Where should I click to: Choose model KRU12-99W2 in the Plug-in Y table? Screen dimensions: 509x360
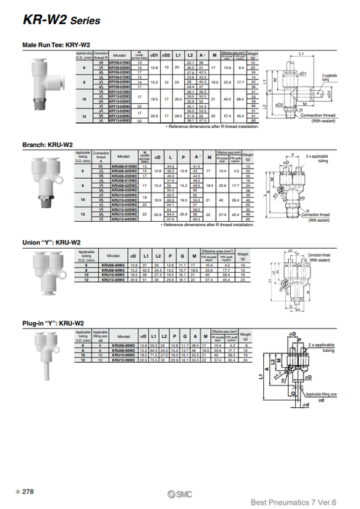pos(132,359)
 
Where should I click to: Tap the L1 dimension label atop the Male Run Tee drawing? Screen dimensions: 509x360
pos(301,53)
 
